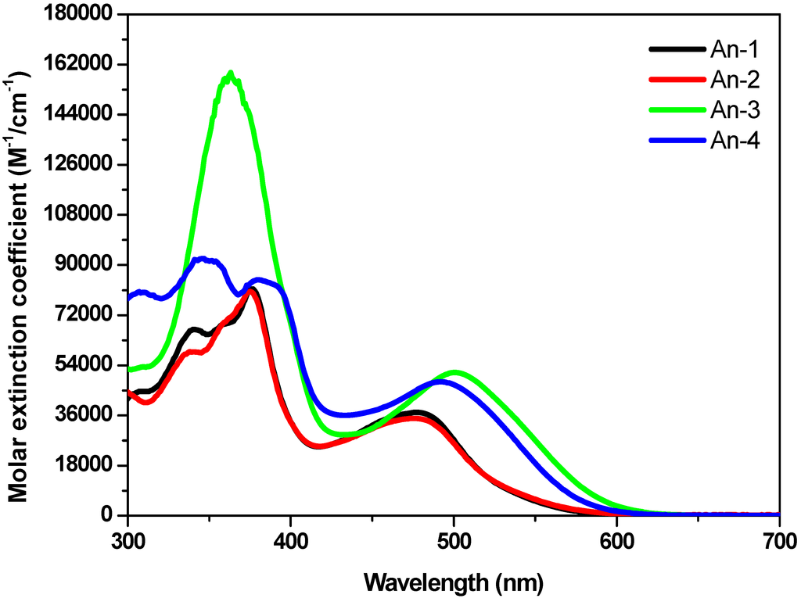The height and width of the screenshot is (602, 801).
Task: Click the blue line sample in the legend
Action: (676, 140)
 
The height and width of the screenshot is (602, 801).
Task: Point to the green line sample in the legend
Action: (676, 109)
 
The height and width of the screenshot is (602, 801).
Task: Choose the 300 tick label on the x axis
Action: (128, 540)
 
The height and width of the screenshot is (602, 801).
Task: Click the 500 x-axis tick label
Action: (454, 540)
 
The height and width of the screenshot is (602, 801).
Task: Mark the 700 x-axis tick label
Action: (779, 540)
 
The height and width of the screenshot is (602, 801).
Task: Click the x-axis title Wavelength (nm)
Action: (453, 582)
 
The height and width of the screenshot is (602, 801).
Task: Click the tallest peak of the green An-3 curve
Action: (230, 73)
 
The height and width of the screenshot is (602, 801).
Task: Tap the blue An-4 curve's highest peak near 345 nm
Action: (203, 259)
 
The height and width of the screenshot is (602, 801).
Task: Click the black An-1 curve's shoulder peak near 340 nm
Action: (194, 330)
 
